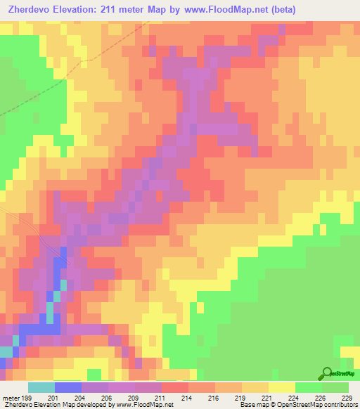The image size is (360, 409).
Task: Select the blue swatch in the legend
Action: tap(68, 387)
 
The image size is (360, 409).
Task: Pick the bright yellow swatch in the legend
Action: tap(281, 387)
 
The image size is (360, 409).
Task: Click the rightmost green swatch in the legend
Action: tap(335, 387)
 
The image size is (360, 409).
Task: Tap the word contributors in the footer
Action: tap(341, 405)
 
